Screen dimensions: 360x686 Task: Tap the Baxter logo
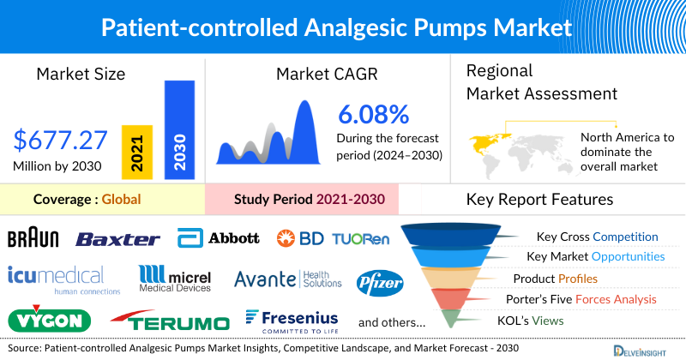(x=117, y=239)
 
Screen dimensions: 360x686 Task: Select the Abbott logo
(x=219, y=237)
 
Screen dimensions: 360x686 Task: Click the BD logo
(x=301, y=238)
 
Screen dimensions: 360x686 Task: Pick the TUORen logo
(x=360, y=238)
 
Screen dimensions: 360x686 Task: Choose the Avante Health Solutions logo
(x=288, y=279)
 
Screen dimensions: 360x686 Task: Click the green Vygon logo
(x=49, y=321)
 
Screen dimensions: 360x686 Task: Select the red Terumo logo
(x=170, y=321)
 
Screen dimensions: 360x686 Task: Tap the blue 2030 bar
(x=178, y=129)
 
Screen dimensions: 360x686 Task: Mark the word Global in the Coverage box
(x=121, y=200)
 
